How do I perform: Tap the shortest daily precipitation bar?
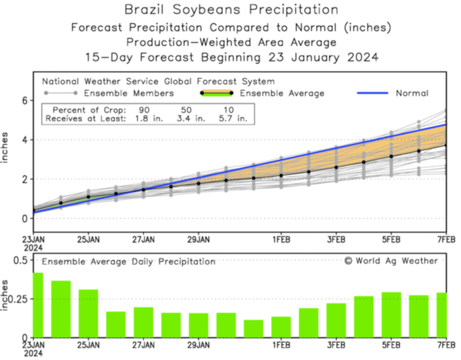253,328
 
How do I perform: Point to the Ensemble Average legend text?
282,93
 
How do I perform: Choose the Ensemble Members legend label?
129,93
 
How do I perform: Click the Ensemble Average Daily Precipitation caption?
128,261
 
